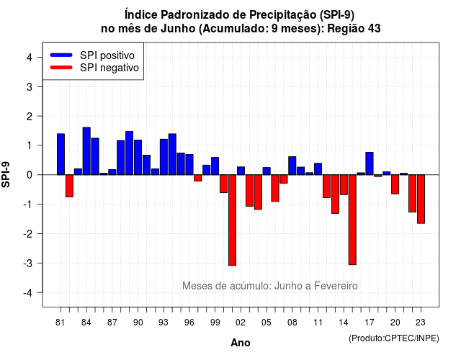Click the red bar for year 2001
(232, 220)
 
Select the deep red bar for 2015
(352, 220)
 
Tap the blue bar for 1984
(86, 151)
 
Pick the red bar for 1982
(69, 186)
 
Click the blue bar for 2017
(370, 163)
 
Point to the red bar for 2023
(421, 199)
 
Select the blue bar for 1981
(61, 154)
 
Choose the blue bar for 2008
(292, 166)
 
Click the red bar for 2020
(395, 184)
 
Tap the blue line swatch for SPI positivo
(61, 55)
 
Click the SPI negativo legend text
(109, 68)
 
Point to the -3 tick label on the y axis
(28, 264)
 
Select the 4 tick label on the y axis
(30, 58)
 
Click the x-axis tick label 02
(241, 323)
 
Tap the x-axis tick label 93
(164, 323)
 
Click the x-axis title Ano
(241, 343)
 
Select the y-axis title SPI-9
(6, 174)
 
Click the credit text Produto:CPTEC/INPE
(394, 338)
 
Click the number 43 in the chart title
(374, 29)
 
